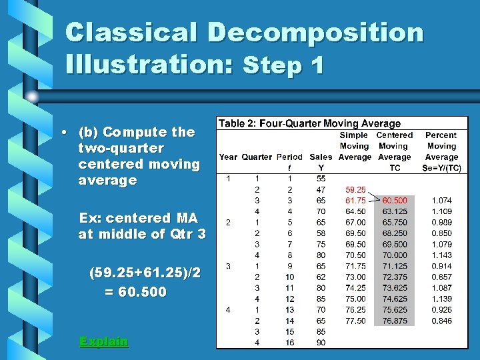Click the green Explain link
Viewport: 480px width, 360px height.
coord(103,341)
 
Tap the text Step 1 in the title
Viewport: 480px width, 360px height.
coord(284,65)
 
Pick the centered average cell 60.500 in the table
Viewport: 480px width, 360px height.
coord(395,200)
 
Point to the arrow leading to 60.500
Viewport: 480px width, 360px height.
coord(373,197)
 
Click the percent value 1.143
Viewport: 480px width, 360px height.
coord(441,255)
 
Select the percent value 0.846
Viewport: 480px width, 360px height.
coord(441,321)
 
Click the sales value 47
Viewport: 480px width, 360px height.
coord(321,189)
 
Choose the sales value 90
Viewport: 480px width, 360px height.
coord(321,343)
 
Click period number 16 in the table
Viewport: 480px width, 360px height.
coord(289,343)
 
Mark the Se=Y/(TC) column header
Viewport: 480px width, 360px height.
coord(441,168)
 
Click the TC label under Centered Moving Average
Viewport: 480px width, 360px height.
coord(395,168)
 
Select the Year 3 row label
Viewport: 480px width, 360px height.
coord(228,266)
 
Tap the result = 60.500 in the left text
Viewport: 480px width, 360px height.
coord(135,292)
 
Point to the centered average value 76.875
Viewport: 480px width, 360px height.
coord(395,321)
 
